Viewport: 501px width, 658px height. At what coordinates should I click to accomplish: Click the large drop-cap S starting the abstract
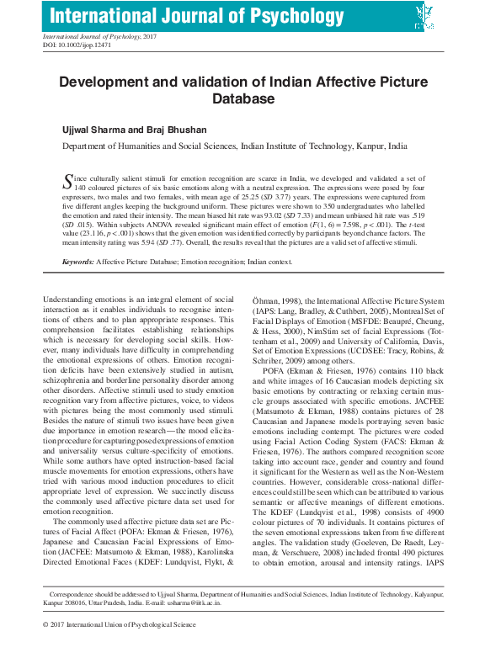tap(69, 181)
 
